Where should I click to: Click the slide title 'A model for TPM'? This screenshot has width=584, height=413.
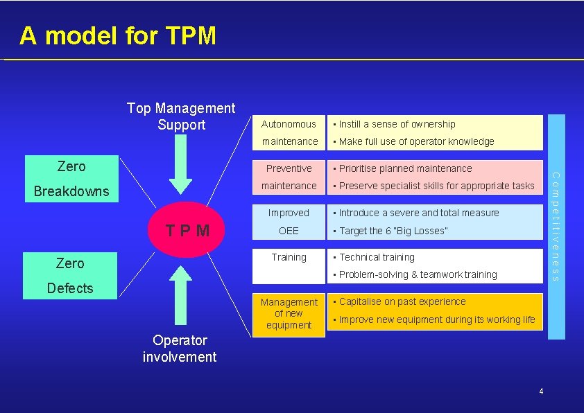(118, 35)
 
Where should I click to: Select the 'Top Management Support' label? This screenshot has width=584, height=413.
(181, 116)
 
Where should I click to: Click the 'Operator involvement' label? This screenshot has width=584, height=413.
(180, 349)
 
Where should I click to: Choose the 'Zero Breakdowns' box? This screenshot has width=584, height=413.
(71, 178)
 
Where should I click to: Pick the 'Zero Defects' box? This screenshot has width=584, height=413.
(70, 275)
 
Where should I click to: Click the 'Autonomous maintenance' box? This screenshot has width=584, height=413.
(289, 132)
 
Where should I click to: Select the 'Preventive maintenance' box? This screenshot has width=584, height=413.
(289, 177)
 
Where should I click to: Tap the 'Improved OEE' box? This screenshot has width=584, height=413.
(289, 222)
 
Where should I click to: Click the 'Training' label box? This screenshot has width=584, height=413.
(289, 265)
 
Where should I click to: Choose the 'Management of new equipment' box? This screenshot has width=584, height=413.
(289, 314)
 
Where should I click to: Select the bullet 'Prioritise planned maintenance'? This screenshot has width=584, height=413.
(405, 168)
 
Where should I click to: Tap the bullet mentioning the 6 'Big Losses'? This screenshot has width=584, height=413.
(393, 231)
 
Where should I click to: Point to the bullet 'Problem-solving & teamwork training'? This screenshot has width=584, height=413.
(418, 275)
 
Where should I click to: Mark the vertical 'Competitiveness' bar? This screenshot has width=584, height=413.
(556, 227)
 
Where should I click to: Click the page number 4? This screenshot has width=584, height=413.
(541, 392)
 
